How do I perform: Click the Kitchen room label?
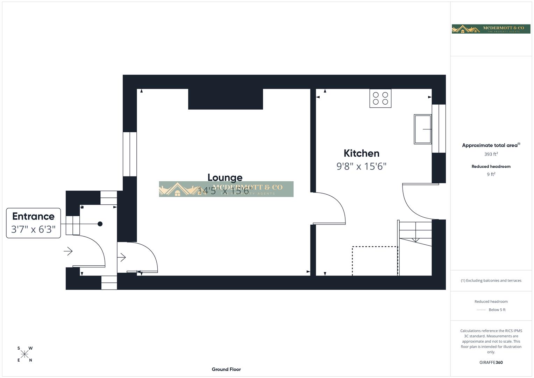[x=361, y=153]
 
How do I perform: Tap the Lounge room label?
[x=225, y=177]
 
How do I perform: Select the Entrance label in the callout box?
[x=33, y=216]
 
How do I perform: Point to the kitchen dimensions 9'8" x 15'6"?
[x=361, y=166]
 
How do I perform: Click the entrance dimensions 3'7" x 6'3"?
[x=33, y=229]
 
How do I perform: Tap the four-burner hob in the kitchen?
[x=380, y=98]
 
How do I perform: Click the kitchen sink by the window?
[x=422, y=129]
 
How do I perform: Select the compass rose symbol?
[x=24, y=354]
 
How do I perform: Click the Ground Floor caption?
[x=226, y=369]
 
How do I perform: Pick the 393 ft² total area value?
[x=491, y=154]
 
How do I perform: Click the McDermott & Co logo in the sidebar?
[x=491, y=29]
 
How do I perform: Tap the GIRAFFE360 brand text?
[x=491, y=363]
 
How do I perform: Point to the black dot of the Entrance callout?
[x=100, y=224]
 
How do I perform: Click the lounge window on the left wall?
[x=130, y=154]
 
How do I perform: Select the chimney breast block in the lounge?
[x=226, y=99]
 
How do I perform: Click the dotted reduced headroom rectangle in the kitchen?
[x=375, y=261]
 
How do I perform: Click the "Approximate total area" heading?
[x=491, y=145]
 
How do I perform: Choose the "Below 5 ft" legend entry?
[x=497, y=310]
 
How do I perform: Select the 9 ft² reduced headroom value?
[x=491, y=174]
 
